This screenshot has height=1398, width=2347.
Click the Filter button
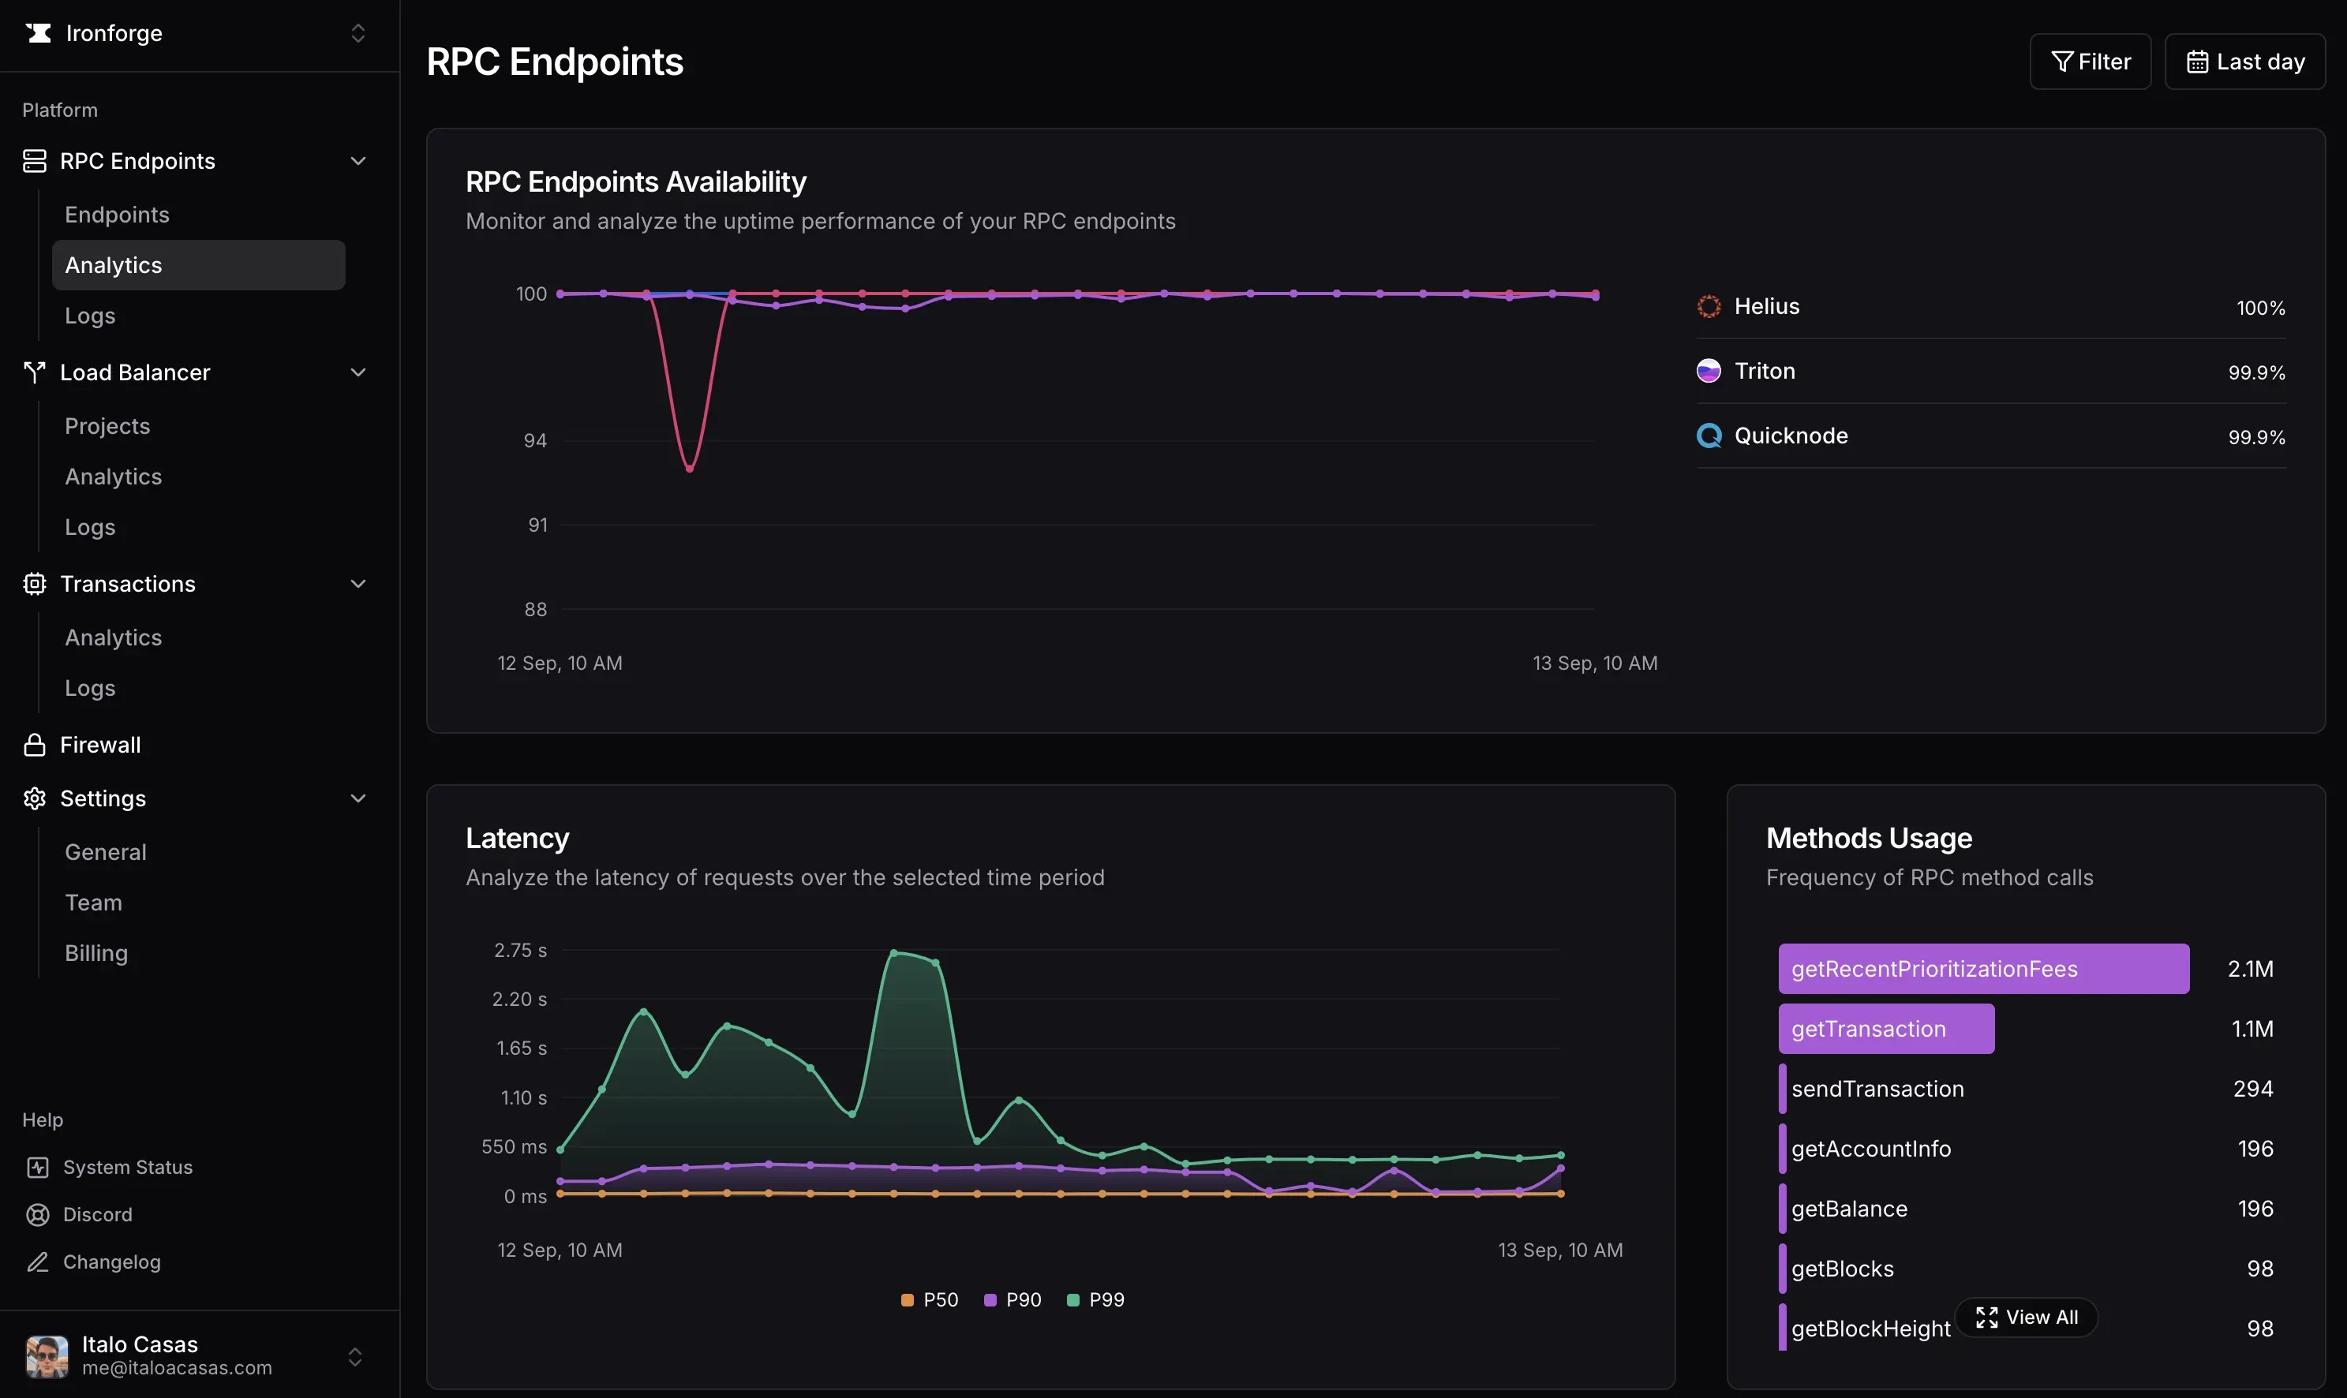(x=2089, y=62)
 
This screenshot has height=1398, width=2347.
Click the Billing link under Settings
(x=96, y=952)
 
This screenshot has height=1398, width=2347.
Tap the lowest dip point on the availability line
(x=690, y=468)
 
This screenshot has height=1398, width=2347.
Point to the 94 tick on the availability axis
(x=534, y=440)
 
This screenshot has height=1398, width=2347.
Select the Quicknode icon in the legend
(x=1709, y=435)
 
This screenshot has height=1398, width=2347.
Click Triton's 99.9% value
(x=2255, y=372)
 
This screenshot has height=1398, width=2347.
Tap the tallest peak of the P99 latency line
(x=893, y=952)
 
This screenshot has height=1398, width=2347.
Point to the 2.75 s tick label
(x=520, y=950)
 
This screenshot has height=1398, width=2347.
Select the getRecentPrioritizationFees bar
(x=1982, y=969)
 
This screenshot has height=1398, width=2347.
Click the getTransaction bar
(x=1885, y=1029)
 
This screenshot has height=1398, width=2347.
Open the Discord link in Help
(x=97, y=1214)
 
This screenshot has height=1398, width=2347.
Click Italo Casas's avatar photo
(x=47, y=1355)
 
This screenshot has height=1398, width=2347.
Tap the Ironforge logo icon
(x=39, y=33)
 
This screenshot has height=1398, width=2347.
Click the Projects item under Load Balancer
(x=107, y=426)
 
